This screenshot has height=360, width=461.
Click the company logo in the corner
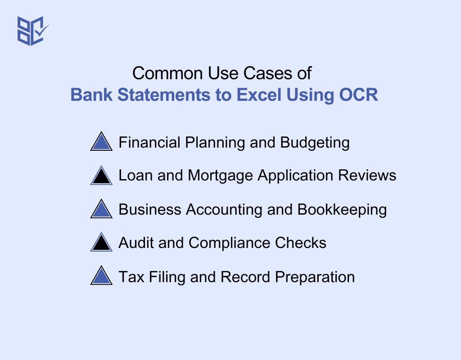tap(32, 31)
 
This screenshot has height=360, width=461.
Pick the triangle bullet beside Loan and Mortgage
tap(101, 176)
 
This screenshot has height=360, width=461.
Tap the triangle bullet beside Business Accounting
tap(101, 210)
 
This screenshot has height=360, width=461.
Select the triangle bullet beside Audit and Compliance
tap(101, 243)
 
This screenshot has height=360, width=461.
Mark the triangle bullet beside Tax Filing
tap(101, 276)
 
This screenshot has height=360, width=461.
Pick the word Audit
tap(134, 243)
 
